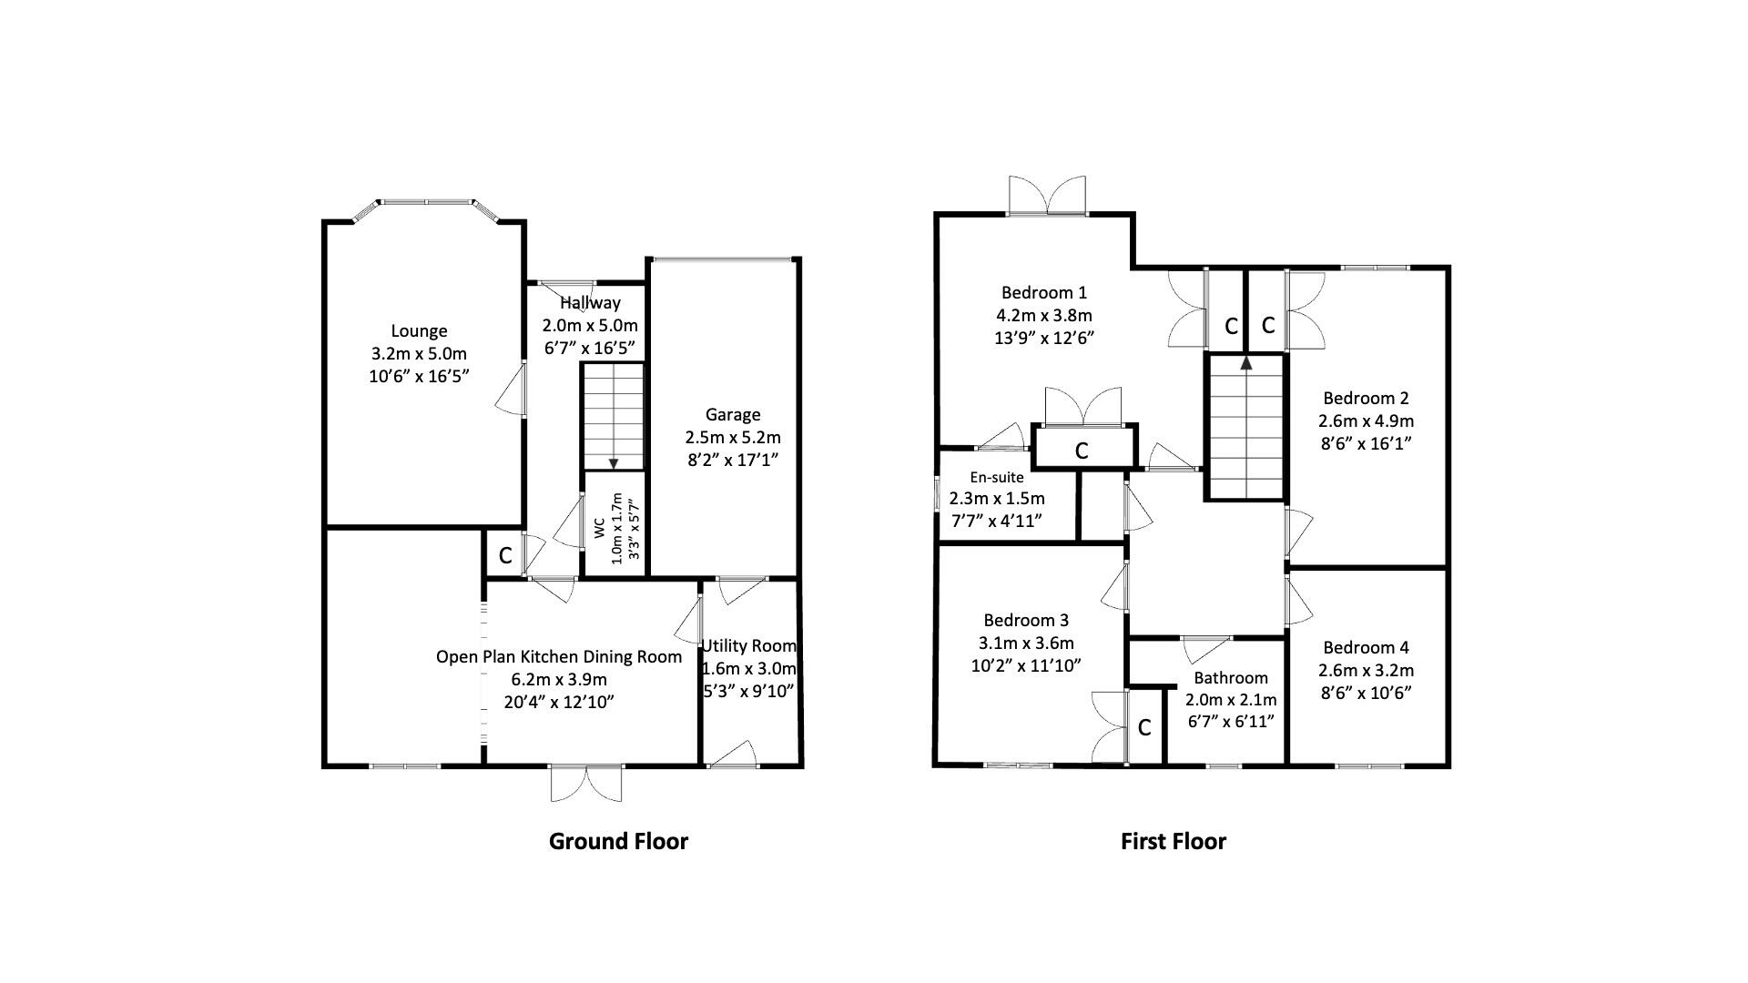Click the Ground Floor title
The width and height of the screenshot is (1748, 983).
[618, 841]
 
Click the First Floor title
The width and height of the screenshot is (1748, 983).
[1173, 841]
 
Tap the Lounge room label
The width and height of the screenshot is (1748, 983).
[419, 331]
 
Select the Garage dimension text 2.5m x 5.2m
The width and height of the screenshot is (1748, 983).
[733, 438]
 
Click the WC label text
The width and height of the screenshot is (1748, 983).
[599, 529]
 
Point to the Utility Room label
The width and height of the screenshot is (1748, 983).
[748, 646]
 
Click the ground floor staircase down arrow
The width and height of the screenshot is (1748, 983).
[614, 461]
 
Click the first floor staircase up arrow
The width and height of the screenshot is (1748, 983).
[1245, 363]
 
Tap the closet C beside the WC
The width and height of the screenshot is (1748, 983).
[505, 555]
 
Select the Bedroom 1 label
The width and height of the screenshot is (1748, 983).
[1044, 293]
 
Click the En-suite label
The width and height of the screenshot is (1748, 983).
[996, 477]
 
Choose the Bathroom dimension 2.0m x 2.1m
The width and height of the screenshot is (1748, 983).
[1231, 700]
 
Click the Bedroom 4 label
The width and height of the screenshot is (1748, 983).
[1366, 647]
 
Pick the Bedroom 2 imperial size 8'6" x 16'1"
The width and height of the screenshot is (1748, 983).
[1366, 444]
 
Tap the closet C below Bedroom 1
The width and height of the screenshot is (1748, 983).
[1082, 451]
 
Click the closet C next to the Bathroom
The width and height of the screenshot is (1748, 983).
[1144, 728]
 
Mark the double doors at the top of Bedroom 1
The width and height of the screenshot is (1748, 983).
[1047, 198]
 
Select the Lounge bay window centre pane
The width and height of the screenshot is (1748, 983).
[425, 201]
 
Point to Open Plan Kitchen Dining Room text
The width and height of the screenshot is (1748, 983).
[558, 657]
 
